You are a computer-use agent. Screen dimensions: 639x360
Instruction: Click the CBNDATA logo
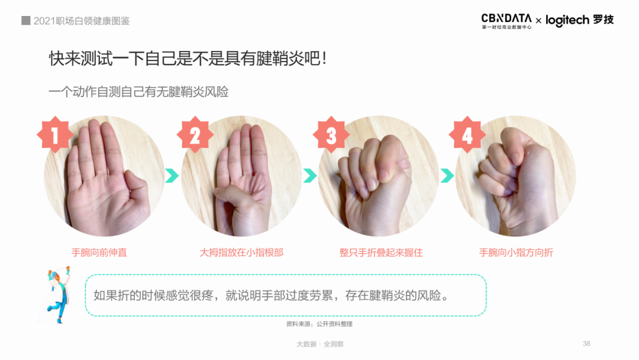506,21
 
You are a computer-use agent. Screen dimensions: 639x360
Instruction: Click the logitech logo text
567,20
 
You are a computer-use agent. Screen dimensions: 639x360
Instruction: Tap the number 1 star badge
55,134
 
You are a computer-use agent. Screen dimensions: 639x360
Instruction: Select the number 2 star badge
195,134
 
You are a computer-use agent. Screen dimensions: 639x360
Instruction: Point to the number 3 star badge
331,134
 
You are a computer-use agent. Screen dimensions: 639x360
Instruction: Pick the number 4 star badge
467,134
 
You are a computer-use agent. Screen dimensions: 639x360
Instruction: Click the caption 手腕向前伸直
99,252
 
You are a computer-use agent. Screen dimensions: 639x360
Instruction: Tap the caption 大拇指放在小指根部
241,252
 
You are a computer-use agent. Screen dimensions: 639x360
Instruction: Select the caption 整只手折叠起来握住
381,252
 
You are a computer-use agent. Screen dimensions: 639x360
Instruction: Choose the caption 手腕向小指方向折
516,252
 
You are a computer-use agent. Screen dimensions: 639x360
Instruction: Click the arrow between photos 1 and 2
172,176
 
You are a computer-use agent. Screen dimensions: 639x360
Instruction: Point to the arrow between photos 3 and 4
447,176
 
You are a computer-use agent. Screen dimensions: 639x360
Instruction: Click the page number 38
586,343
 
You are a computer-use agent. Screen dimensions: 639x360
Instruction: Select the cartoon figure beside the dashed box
58,294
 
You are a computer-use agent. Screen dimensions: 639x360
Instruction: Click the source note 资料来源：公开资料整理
319,324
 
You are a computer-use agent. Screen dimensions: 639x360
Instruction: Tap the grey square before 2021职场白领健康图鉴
25,20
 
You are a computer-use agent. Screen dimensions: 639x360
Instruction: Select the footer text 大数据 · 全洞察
320,344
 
